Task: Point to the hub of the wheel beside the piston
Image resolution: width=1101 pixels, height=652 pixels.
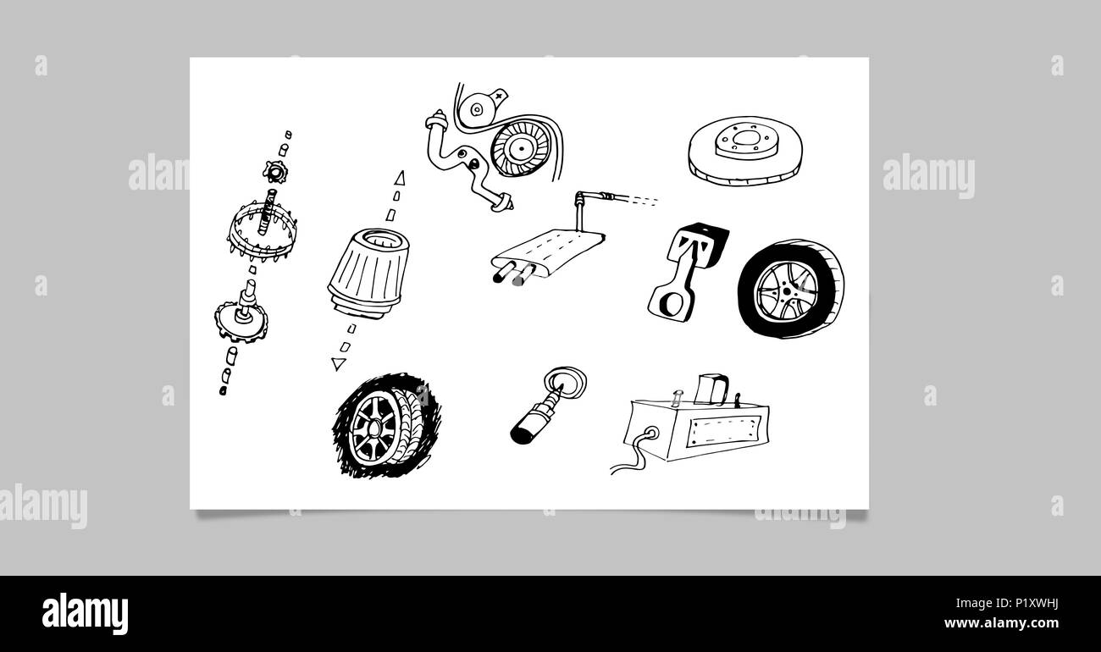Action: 787,290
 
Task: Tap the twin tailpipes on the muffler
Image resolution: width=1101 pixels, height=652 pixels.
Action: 513,274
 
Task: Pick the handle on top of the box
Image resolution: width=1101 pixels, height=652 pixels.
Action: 711,388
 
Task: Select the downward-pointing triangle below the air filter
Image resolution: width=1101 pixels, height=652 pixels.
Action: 339,364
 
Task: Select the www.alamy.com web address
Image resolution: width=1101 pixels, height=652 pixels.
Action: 1001,623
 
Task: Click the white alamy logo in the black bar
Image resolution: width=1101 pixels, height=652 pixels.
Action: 85,614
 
